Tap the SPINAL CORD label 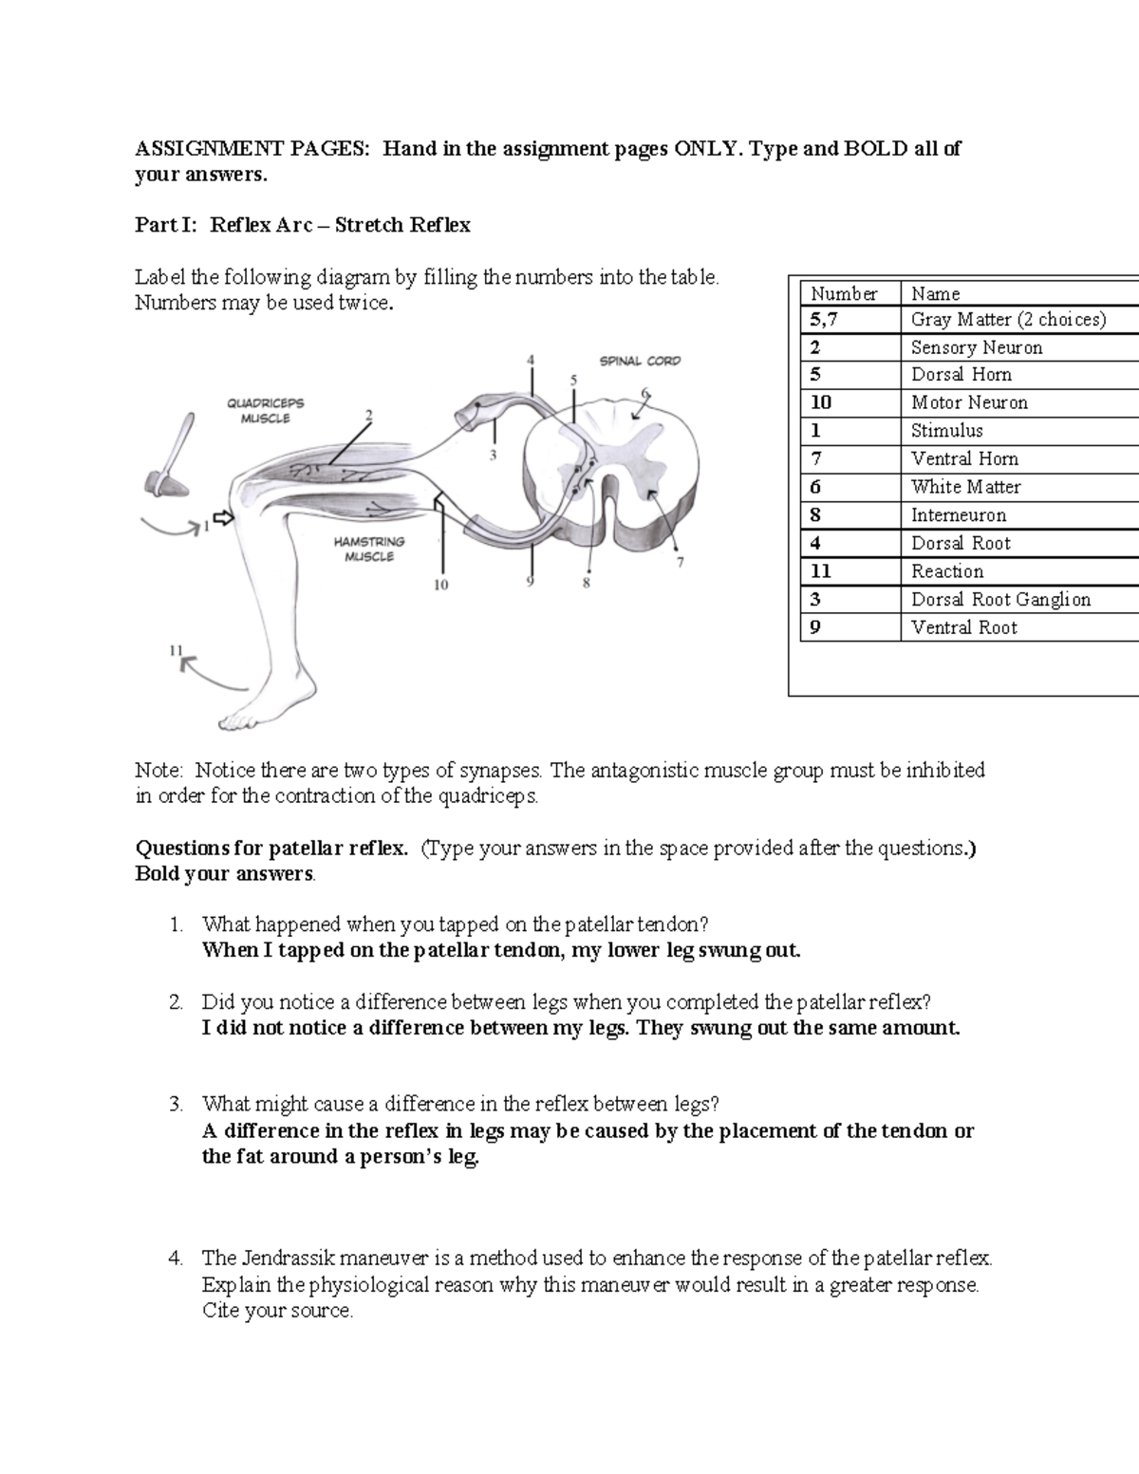coord(639,361)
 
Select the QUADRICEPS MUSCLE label coord(265,410)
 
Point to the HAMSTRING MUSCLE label coord(369,549)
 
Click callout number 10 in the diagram coord(441,586)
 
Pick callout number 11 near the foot coord(176,650)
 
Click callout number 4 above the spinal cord coord(531,360)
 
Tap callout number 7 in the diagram coord(680,562)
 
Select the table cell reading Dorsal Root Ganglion coord(1000,600)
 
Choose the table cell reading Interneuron coord(959,515)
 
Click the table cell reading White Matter coord(965,487)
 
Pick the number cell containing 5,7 coord(824,320)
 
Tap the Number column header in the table coord(843,294)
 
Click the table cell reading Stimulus coord(946,431)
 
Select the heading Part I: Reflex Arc coord(303,225)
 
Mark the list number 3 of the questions coord(175,1104)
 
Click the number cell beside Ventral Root coord(816,627)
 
